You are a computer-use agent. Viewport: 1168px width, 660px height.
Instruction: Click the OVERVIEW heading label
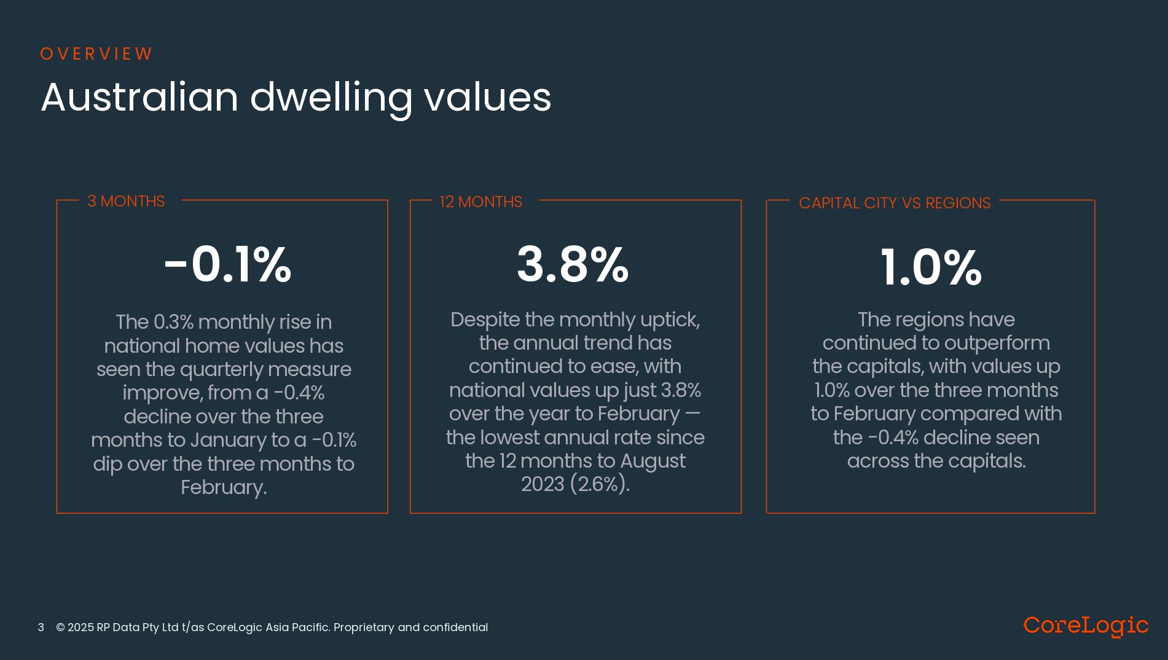96,54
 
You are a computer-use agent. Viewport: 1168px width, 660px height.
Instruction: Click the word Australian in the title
139,97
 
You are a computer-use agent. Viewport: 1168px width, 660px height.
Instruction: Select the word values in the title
487,97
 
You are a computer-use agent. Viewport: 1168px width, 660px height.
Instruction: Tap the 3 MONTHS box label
126,202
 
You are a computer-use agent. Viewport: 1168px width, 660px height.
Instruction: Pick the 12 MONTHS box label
480,202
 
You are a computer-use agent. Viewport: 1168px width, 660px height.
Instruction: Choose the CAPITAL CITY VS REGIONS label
895,203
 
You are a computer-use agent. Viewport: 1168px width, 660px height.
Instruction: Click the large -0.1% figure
227,265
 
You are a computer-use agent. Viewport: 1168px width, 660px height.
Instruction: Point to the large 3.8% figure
573,265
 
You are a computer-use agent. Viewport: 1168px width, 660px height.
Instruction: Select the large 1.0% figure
931,267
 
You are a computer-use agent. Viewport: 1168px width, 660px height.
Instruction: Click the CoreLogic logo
1086,626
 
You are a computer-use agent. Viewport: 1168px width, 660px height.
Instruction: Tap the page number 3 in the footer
41,627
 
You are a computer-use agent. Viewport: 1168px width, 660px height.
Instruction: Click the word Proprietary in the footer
364,627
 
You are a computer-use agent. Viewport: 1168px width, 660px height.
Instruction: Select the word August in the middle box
653,461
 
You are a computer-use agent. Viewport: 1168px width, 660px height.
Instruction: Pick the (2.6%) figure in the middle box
599,484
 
